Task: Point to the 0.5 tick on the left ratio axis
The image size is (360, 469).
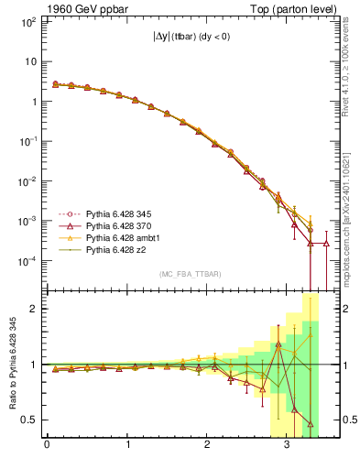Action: (x=29, y=420)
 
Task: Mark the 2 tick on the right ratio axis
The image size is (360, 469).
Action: (x=344, y=309)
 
